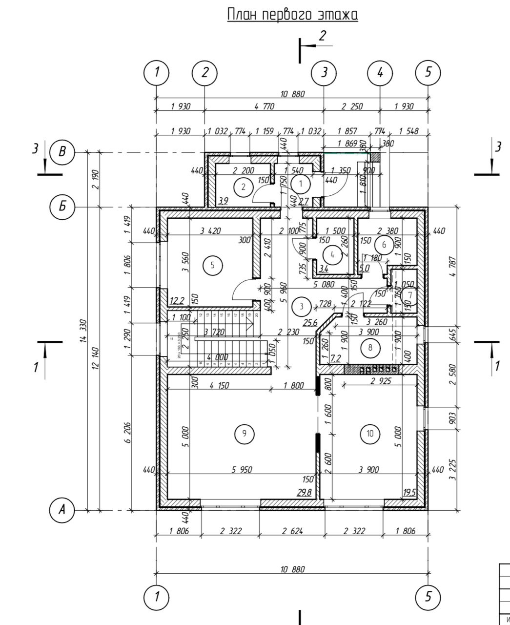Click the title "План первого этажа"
[292, 15]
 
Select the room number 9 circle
[244, 433]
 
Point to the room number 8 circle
[370, 348]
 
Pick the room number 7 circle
[410, 295]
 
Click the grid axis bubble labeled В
[62, 152]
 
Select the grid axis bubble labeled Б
[62, 207]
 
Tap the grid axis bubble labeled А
[62, 510]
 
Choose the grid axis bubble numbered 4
[380, 72]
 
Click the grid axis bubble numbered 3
[324, 72]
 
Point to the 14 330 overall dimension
[83, 332]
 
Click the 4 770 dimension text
[264, 106]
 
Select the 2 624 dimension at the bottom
[292, 531]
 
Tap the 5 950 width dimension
[242, 470]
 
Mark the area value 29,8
[304, 493]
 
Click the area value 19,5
[409, 493]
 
